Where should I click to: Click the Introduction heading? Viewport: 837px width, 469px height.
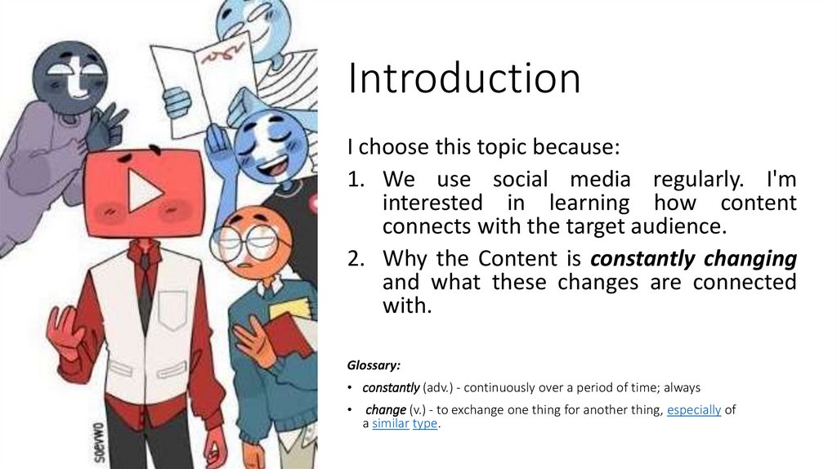pos(464,78)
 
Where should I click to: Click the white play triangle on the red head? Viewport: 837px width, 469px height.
pos(144,190)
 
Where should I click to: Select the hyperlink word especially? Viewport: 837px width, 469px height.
pos(694,410)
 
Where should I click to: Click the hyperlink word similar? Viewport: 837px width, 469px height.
pos(390,423)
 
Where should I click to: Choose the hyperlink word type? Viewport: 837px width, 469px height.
pos(425,423)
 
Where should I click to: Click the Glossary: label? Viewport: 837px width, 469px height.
pos(374,365)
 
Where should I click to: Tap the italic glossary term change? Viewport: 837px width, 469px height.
pos(386,410)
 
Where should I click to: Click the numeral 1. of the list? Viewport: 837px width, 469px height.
pos(356,179)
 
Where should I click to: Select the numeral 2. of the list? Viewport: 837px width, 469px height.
pos(356,259)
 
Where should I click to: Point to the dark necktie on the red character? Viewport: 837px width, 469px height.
pos(145,288)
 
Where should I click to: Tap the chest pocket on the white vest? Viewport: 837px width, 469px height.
pos(172,310)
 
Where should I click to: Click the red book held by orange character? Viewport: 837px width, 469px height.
pos(288,333)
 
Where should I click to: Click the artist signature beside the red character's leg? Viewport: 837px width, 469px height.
pos(98,442)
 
